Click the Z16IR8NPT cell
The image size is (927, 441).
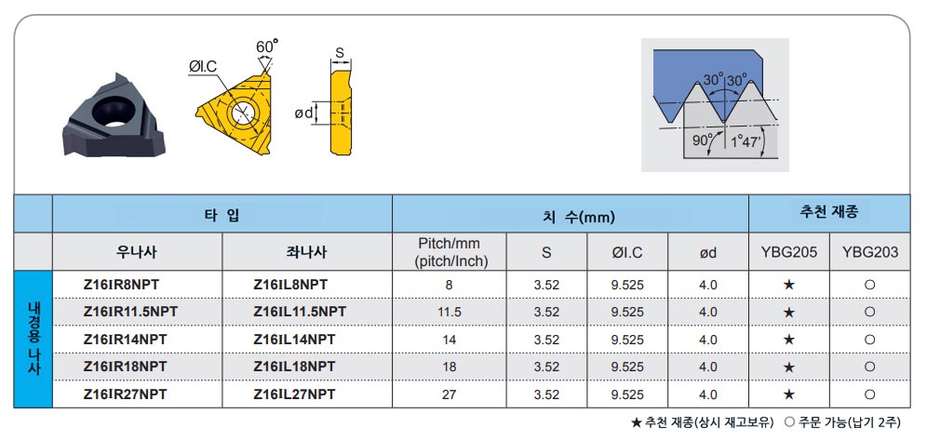[121, 285]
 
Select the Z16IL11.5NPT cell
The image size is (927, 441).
[299, 312]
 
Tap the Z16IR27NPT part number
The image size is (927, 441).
[125, 394]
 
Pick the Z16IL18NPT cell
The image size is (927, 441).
[294, 367]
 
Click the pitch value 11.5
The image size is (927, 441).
[450, 312]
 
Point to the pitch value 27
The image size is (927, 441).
[450, 394]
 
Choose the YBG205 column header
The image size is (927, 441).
[789, 252]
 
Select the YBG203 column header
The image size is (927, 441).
[869, 252]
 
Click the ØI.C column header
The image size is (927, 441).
[627, 252]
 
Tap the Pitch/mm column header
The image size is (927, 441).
[450, 252]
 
